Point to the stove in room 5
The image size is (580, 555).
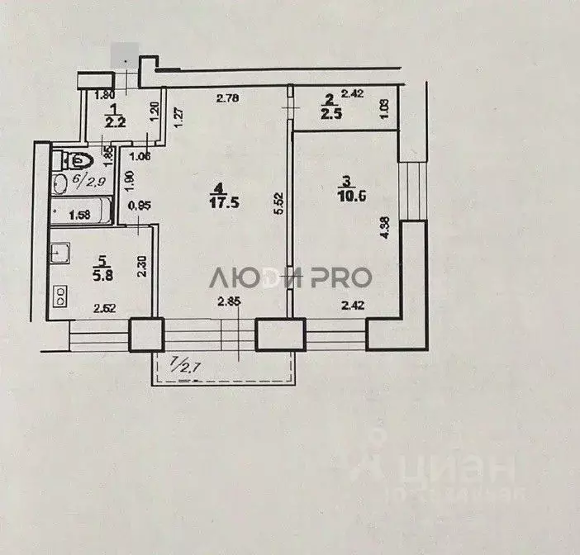pos(59,292)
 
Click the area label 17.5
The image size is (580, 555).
pos(217,206)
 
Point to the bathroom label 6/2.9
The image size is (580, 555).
pos(76,178)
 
